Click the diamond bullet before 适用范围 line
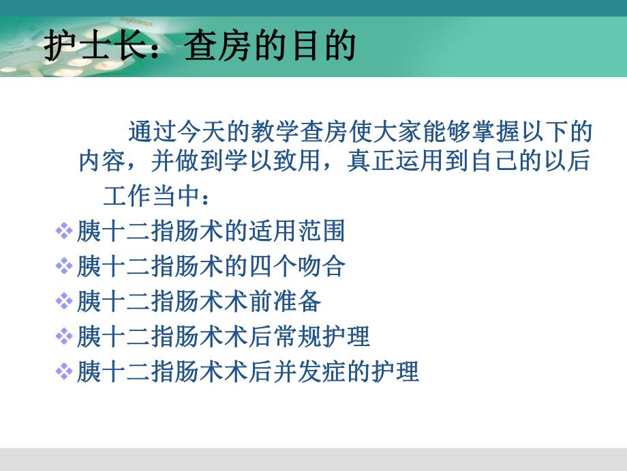click(63, 231)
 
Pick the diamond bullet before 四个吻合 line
click(63, 266)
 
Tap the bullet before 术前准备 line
click(63, 301)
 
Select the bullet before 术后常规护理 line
click(63, 337)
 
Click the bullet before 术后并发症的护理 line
click(63, 372)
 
